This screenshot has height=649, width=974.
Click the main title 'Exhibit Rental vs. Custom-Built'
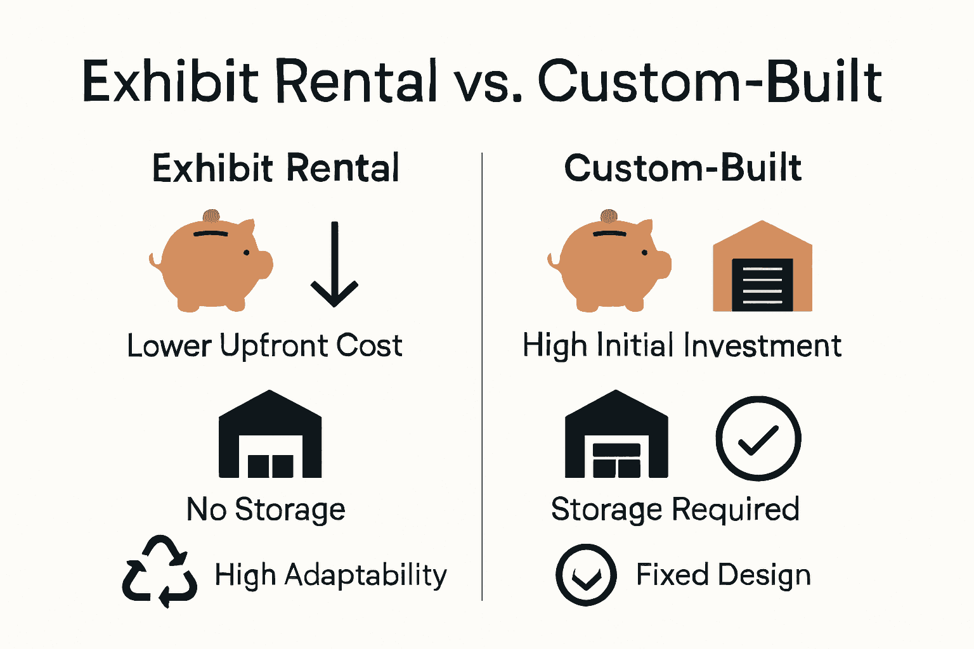click(x=482, y=81)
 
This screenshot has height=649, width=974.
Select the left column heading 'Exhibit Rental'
click(x=276, y=168)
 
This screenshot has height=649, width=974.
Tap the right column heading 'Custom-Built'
click(x=683, y=168)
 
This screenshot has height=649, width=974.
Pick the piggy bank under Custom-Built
click(x=609, y=263)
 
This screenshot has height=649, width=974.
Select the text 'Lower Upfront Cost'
click(x=264, y=346)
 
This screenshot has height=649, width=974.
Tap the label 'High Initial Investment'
click(x=682, y=346)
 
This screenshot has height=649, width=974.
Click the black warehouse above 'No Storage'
click(x=270, y=435)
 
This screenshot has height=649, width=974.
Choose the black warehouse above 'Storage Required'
click(x=616, y=435)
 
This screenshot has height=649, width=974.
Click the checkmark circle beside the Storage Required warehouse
click(x=758, y=439)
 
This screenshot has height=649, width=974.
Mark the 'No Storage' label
click(x=266, y=510)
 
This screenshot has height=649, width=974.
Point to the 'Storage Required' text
click(x=675, y=510)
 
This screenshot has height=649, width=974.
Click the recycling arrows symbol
click(x=159, y=572)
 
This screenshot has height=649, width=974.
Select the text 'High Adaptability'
click(x=330, y=575)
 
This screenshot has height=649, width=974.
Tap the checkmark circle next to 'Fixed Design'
click(x=586, y=575)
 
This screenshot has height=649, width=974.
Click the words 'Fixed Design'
click(x=723, y=575)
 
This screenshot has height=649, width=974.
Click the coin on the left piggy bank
click(x=211, y=216)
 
